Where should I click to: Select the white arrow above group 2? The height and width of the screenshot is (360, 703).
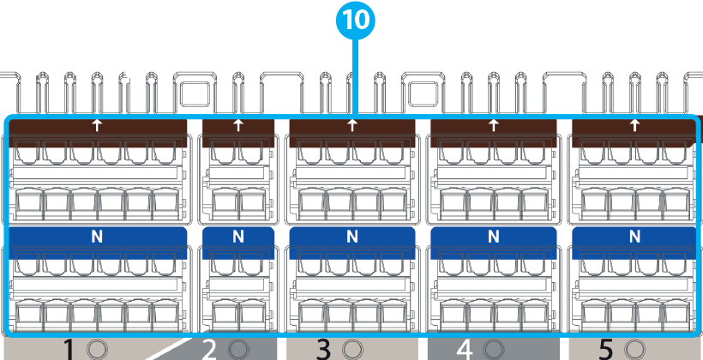point(237,125)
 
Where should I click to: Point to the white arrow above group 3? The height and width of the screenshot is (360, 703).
point(352,125)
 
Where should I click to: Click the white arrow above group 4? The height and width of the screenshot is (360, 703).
point(493,125)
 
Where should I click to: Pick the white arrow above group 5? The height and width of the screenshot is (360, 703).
point(634,125)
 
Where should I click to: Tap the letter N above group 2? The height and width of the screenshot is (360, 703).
point(237,236)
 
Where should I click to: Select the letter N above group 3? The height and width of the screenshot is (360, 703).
point(352,236)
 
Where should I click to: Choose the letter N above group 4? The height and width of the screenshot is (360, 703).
point(493,236)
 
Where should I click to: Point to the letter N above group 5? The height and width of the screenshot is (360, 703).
point(634,236)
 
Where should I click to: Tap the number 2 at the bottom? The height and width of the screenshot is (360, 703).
point(209,349)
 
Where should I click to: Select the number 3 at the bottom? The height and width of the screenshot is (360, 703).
point(323,349)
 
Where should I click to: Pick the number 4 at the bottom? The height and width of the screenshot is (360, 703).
point(465,349)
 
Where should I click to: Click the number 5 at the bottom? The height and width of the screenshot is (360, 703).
point(606,349)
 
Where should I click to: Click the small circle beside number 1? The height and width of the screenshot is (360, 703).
point(97,349)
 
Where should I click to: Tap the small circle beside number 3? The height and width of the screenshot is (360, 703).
point(351,349)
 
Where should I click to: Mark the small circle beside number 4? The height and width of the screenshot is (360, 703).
point(492,349)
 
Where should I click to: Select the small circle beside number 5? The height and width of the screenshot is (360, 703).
point(634,349)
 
